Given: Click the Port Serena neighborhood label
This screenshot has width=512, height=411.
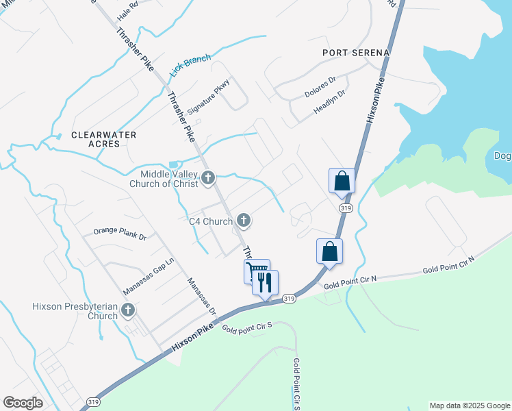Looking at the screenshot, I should [x=356, y=53].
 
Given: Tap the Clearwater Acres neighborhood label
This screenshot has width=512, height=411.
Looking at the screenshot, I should [x=104, y=140].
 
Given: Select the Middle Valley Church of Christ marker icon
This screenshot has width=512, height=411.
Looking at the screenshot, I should [x=209, y=179].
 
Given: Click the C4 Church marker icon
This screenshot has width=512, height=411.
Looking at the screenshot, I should [x=243, y=221].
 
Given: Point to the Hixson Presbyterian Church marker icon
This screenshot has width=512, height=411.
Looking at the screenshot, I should [x=127, y=311].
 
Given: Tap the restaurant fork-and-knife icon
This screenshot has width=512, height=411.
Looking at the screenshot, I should [x=265, y=282].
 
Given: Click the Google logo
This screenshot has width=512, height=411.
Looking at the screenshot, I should [x=23, y=403].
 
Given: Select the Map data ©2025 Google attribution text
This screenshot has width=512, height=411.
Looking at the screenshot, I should [x=470, y=406].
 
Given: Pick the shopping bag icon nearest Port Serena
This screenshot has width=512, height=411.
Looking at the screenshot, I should [x=342, y=182].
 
